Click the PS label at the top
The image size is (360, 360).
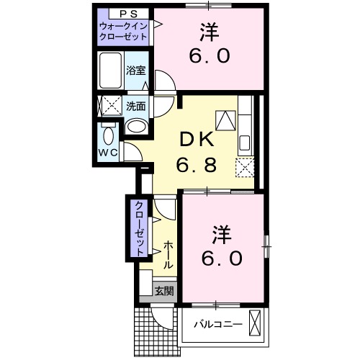(x=122, y=13)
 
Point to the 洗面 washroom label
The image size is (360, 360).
(x=135, y=105)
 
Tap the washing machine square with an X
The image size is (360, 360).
(x=109, y=107)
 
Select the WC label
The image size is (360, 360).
(x=108, y=153)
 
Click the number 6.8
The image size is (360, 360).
(x=195, y=166)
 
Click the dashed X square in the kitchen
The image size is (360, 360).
(x=245, y=166)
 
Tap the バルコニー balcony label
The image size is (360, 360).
(x=217, y=323)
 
